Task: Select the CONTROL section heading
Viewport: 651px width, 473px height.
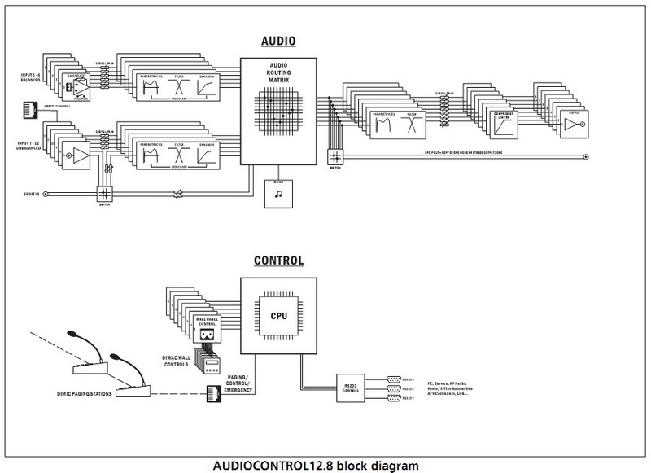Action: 279,261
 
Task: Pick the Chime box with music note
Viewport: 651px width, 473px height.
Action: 279,193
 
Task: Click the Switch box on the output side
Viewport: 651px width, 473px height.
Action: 334,157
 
